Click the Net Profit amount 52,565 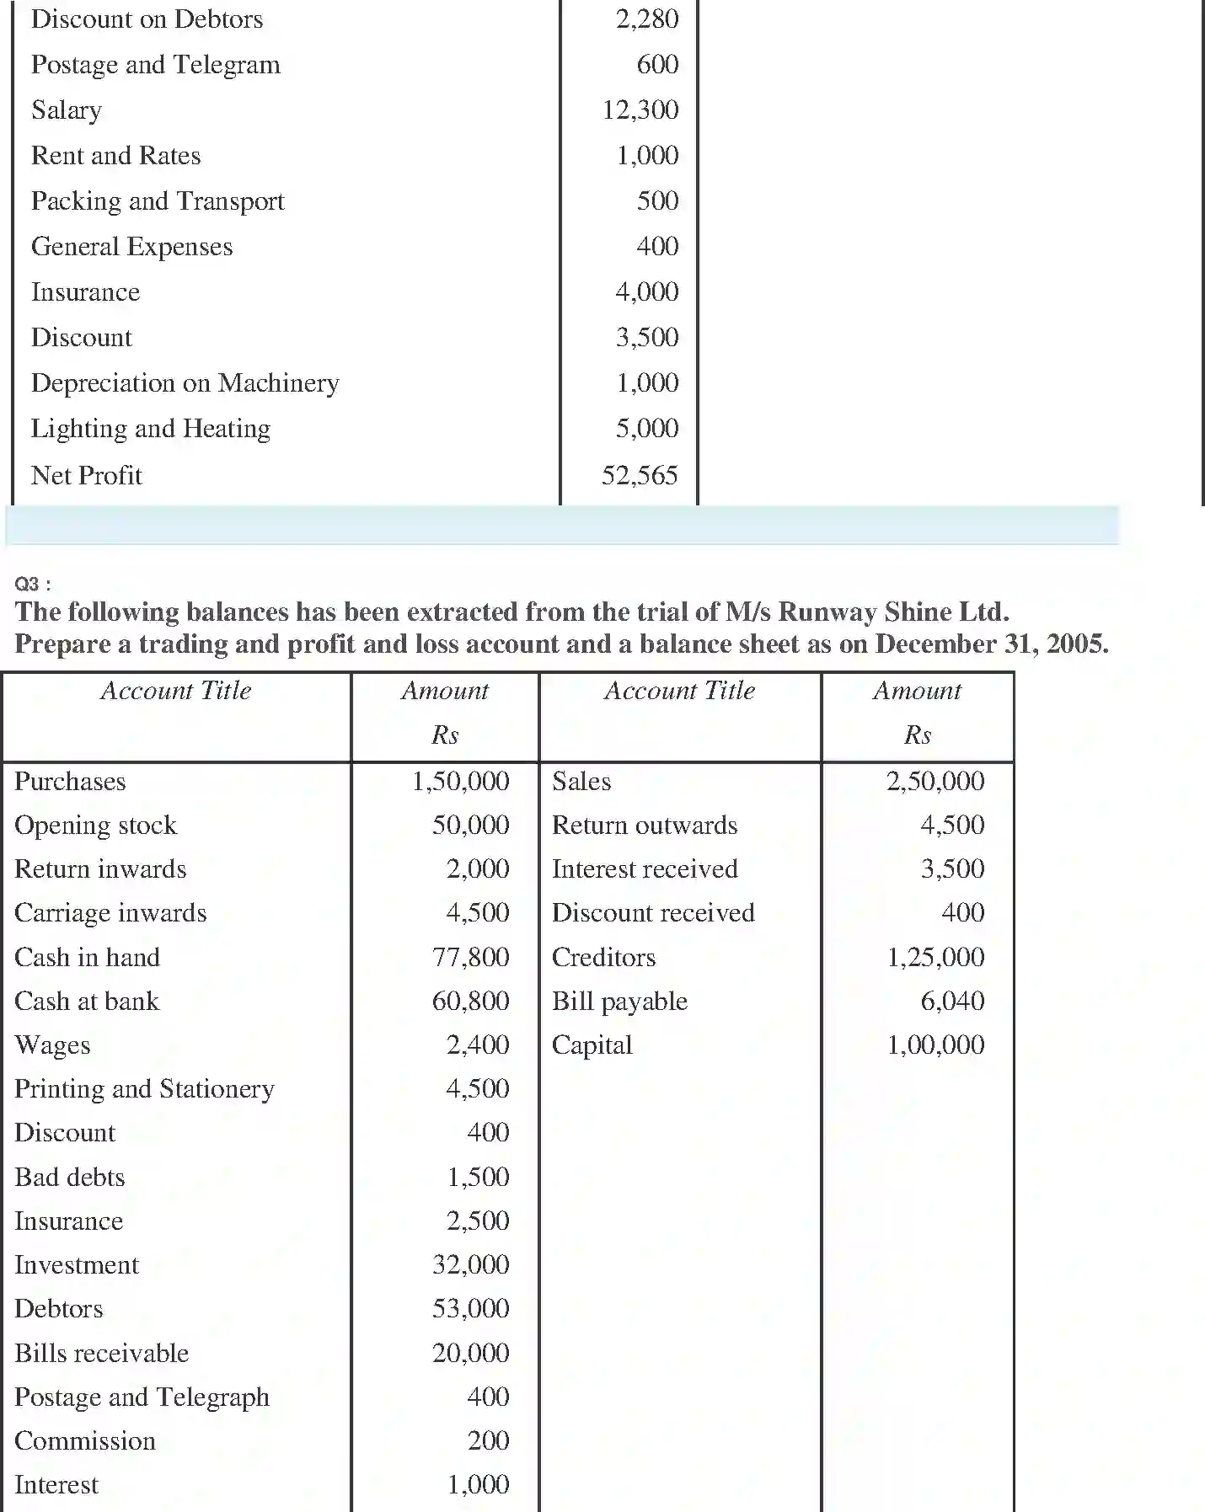pos(640,476)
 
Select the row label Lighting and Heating pos(151,429)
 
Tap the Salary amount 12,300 pos(640,110)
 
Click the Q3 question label pos(32,584)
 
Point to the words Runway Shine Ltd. pos(893,612)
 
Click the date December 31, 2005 pos(991,644)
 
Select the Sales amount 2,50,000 pos(935,781)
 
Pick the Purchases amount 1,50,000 pos(460,781)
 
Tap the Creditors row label pos(603,958)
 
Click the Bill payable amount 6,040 pos(952,1002)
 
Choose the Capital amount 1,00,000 pos(935,1045)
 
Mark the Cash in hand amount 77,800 pos(470,958)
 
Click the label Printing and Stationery pos(144,1089)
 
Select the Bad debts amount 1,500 pos(478,1178)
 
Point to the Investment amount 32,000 pos(470,1265)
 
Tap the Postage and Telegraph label pos(142,1397)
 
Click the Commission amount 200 pos(488,1441)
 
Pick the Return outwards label pos(645,825)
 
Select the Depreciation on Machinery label pos(185,383)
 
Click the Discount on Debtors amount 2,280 pos(647,19)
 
